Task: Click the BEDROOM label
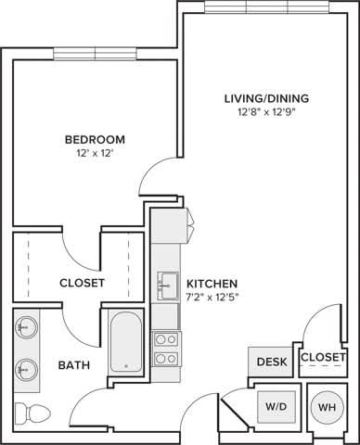point(94,139)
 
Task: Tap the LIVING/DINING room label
point(266,98)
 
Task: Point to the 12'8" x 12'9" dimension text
point(266,115)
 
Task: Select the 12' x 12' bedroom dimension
point(94,155)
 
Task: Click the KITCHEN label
point(212,283)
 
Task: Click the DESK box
point(273,361)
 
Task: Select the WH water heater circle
point(327,405)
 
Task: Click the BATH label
point(74,365)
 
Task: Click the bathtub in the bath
point(125,343)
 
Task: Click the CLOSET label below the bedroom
point(82,283)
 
